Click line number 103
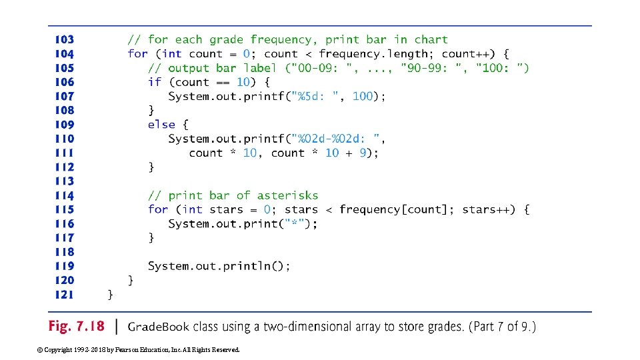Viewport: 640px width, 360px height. [65, 40]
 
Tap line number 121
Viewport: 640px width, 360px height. [65, 295]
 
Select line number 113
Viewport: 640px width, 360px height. [65, 181]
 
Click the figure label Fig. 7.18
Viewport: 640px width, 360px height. [77, 327]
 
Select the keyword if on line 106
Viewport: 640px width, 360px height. [155, 82]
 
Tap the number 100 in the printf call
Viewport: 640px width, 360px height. [362, 97]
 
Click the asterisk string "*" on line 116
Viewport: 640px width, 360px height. [294, 224]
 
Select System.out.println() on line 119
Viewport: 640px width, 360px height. [219, 266]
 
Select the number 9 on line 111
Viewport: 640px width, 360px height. [363, 153]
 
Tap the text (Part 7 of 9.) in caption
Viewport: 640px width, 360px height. [502, 327]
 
